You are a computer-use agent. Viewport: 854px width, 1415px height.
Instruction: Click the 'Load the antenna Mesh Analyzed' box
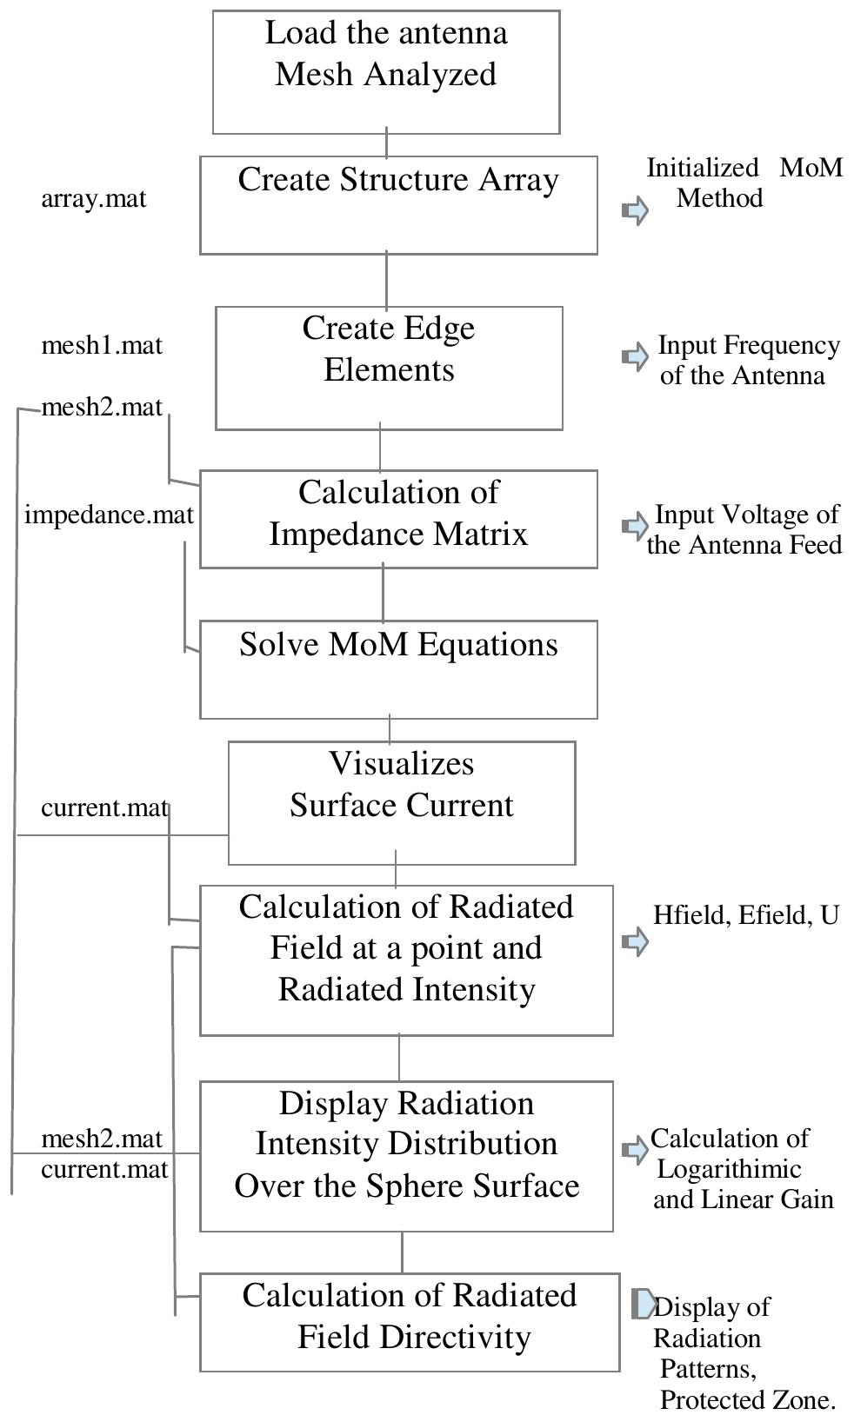point(385,72)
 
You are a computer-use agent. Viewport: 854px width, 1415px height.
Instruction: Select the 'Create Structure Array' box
point(398,205)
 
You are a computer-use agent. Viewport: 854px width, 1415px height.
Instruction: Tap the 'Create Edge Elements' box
point(389,367)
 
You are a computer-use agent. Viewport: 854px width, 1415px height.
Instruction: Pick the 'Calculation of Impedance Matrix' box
point(398,519)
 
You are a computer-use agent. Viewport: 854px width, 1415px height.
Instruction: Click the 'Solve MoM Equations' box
point(398,668)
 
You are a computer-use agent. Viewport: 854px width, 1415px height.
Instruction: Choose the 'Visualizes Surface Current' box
point(401,801)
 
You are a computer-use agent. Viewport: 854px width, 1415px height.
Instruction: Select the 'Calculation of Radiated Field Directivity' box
point(409,1322)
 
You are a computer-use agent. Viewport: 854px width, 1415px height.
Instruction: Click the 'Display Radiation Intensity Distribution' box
point(406,1155)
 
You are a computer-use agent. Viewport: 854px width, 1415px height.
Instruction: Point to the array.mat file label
point(94,199)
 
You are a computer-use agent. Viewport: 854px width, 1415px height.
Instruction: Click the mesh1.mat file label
point(102,346)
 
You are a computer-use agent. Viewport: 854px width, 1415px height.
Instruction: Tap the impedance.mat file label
point(109,515)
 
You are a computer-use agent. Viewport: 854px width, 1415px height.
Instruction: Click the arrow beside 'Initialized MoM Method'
point(636,210)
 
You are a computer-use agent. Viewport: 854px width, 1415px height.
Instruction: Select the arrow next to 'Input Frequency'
point(636,356)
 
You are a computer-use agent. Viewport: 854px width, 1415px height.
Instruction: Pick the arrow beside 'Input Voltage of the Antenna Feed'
point(636,526)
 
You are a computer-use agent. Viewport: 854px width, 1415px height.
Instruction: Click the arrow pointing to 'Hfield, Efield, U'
point(636,940)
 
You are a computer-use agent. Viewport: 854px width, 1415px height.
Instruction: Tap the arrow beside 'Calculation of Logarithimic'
point(636,1150)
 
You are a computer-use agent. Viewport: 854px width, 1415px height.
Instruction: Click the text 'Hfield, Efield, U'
point(745,915)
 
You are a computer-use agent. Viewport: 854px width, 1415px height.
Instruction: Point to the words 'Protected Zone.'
point(747,1399)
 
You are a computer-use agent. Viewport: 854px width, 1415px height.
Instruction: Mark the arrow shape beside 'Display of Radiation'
point(644,1304)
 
